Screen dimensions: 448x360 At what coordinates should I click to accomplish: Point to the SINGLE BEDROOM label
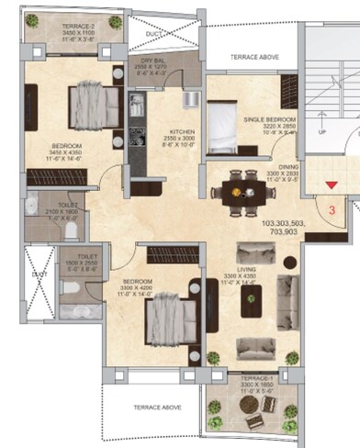(x=270, y=120)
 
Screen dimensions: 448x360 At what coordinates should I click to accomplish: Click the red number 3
(x=333, y=207)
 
